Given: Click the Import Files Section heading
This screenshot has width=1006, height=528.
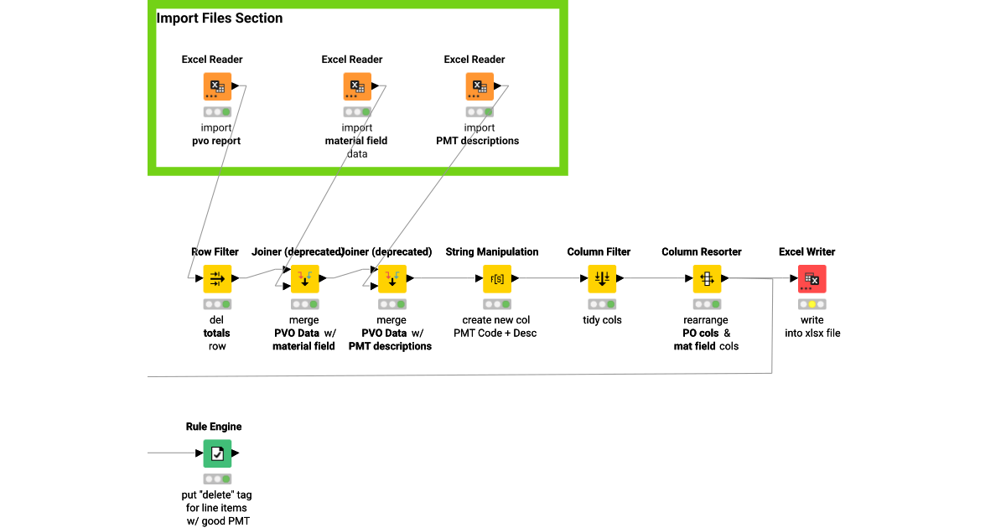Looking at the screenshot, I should [x=220, y=18].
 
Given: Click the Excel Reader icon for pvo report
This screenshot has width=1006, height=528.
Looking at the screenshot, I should [x=217, y=86].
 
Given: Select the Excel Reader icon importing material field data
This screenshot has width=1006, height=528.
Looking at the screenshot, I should [x=357, y=86].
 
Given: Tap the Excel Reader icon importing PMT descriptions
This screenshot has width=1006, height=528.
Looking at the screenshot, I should [x=480, y=86].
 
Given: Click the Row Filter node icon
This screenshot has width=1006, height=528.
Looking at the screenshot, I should [x=217, y=278].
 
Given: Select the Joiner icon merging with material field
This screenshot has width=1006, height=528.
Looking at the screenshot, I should [x=305, y=278].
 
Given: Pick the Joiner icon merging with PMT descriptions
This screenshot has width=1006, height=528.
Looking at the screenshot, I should [x=392, y=278].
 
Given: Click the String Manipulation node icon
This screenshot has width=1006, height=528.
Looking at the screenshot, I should [x=497, y=278].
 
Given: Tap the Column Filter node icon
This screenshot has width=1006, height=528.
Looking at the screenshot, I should [x=602, y=278].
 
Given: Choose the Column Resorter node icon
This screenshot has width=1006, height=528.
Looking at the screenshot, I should [x=707, y=278].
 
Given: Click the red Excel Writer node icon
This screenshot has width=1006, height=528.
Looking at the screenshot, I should [x=812, y=278].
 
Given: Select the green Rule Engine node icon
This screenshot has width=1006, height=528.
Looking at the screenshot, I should [x=217, y=453].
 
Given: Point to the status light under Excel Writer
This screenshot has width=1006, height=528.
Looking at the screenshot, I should [x=812, y=304].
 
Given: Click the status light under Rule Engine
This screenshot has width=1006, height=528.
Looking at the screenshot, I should [x=217, y=479].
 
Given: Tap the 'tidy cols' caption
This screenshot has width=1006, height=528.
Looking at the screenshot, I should [x=602, y=320].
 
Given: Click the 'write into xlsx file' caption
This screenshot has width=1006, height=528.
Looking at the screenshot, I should [x=812, y=327].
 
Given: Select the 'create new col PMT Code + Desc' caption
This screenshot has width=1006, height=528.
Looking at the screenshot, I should [x=496, y=327].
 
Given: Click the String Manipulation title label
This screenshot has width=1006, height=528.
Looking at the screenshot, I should [x=492, y=251].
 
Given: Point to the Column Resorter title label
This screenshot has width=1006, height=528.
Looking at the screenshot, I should [x=702, y=251].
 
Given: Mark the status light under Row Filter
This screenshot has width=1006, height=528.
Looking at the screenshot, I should [x=217, y=304].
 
